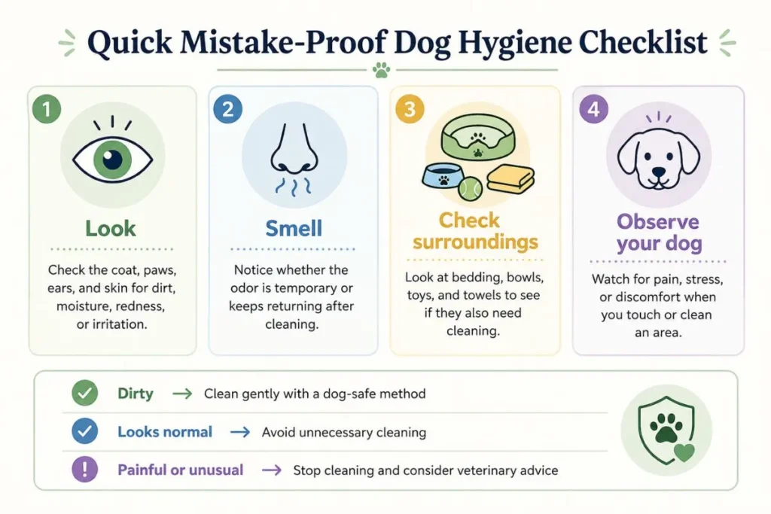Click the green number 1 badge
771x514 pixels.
click(x=47, y=108)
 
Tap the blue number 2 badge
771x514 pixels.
click(x=227, y=108)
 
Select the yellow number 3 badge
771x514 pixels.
click(x=410, y=108)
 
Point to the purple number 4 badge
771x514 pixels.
click(x=593, y=108)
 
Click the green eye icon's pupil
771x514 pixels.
click(x=113, y=160)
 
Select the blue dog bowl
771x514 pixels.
click(x=443, y=175)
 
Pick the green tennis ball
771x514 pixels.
click(x=470, y=189)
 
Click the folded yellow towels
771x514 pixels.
click(x=510, y=179)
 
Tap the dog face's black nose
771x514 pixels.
click(x=658, y=172)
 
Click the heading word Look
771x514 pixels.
click(x=111, y=229)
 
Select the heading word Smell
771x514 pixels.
click(x=294, y=229)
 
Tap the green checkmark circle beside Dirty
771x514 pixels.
click(x=84, y=393)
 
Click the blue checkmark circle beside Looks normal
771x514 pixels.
click(x=84, y=431)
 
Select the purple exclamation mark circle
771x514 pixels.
click(x=84, y=470)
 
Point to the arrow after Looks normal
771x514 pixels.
click(x=240, y=432)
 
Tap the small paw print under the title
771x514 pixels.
click(x=381, y=70)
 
